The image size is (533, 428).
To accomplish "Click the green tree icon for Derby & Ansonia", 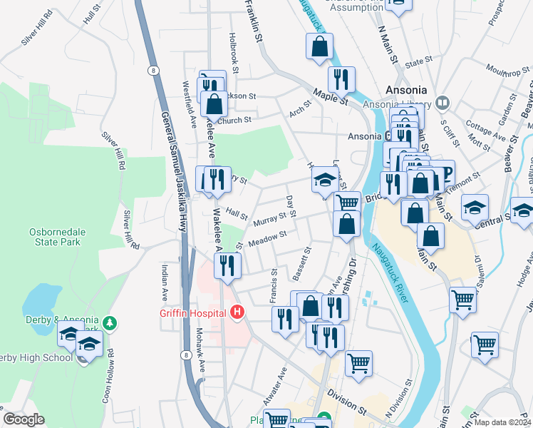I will (x=110, y=323).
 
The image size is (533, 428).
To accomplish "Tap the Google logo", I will (x=24, y=419).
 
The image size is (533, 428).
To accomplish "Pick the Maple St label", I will (x=328, y=97).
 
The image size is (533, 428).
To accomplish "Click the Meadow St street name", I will (x=267, y=236).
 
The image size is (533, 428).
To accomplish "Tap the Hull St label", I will (x=90, y=16).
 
